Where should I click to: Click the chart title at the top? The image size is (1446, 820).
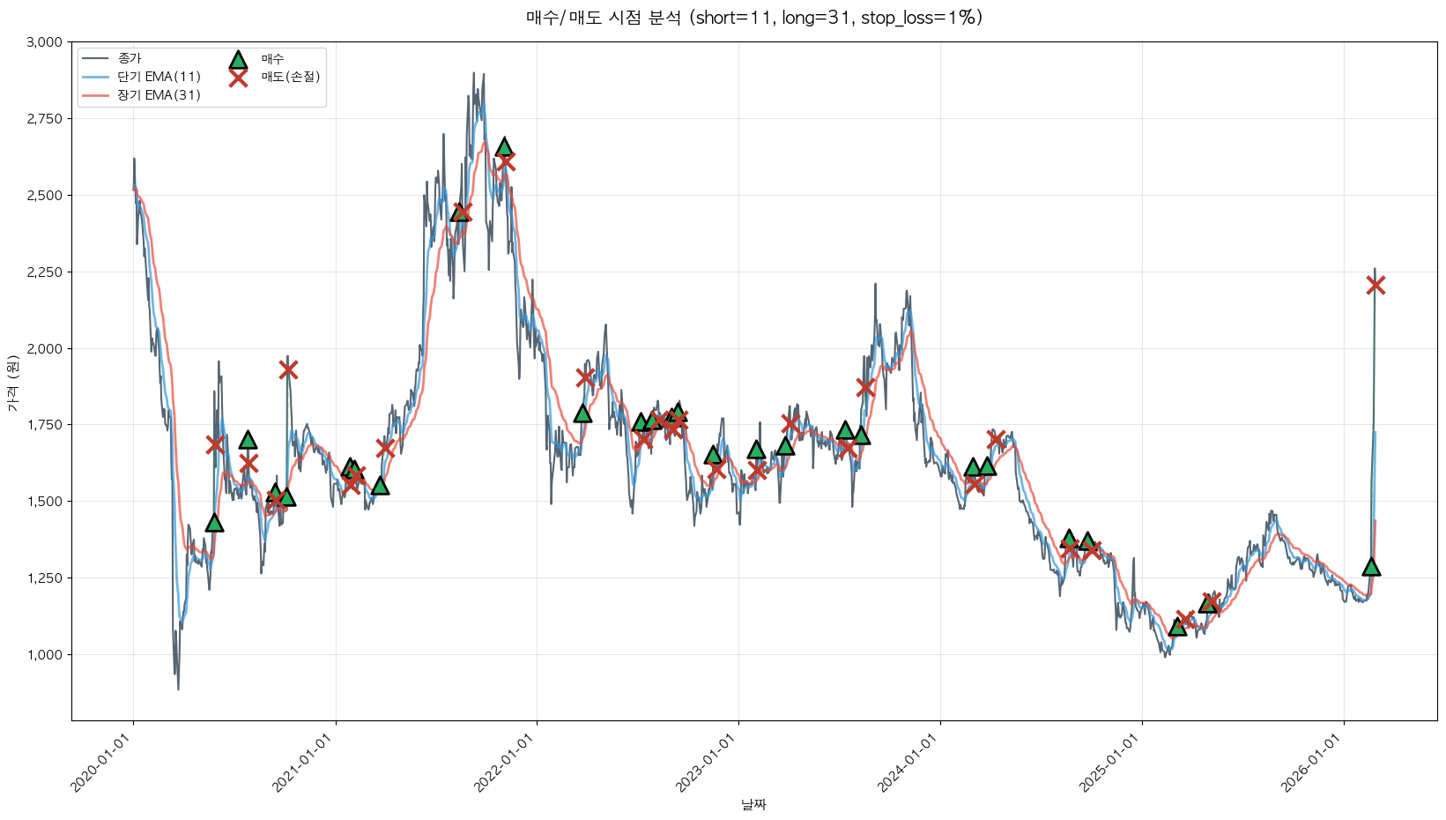[753, 18]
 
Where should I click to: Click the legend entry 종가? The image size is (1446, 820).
[130, 58]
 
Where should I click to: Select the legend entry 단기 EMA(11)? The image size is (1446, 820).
[159, 77]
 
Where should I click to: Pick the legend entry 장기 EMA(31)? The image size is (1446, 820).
[159, 95]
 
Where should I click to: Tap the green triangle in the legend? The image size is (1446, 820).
[238, 59]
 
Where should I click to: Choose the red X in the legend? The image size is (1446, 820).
[238, 78]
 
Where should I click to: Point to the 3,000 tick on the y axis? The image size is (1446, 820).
[45, 42]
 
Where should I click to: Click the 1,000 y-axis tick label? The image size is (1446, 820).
[45, 655]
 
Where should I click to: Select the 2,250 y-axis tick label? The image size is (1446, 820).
[45, 272]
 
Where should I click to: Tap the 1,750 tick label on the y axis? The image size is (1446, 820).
[45, 425]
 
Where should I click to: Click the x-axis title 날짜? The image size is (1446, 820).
[753, 804]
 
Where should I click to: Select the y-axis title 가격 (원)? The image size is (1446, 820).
[12, 383]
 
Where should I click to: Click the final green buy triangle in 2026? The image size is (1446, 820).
[1371, 567]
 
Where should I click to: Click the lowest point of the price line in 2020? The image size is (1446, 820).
[178, 690]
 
